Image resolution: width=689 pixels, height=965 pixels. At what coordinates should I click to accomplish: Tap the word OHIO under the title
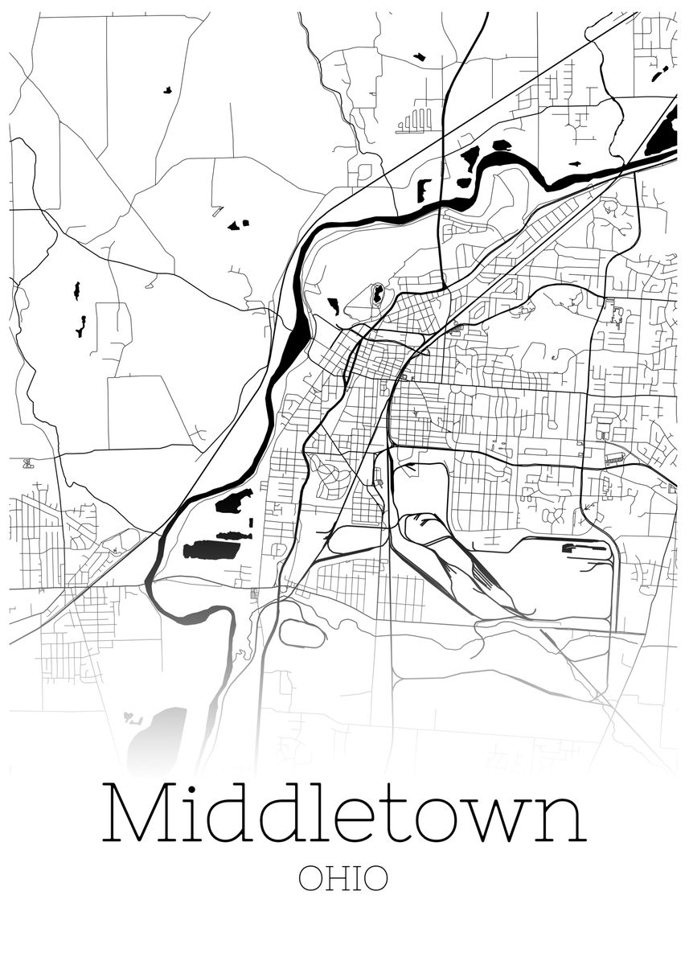[343, 878]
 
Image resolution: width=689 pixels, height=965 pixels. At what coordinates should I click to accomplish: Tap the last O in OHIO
[375, 878]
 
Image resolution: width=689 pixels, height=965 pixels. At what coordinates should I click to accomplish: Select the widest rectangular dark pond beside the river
[211, 550]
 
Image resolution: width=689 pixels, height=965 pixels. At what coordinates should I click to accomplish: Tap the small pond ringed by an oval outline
[377, 294]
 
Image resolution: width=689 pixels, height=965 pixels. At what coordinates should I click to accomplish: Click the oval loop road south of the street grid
[301, 634]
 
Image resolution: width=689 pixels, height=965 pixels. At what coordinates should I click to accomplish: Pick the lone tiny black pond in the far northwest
[167, 90]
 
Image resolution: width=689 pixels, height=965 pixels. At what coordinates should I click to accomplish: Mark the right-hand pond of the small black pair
[244, 223]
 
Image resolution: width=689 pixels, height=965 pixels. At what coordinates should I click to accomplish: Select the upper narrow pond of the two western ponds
[77, 290]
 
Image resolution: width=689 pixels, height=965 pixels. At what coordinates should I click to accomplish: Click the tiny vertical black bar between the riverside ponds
[251, 521]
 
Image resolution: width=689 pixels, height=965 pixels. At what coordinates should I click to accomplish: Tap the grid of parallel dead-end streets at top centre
[415, 121]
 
